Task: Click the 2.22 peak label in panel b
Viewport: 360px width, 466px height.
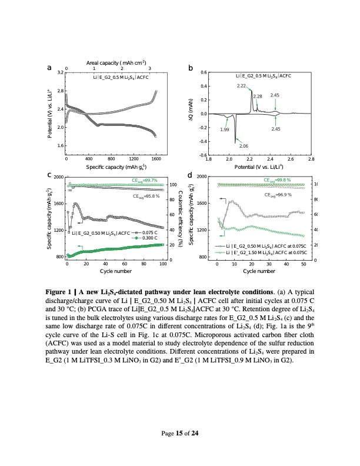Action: tap(241, 86)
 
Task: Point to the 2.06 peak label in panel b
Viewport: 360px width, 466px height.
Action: tap(244, 145)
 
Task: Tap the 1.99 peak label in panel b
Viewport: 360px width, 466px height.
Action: tap(224, 129)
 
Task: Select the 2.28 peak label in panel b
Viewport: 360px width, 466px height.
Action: tap(257, 96)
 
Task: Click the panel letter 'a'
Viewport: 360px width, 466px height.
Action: tap(50, 69)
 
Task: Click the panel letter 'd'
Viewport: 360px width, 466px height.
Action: tap(189, 175)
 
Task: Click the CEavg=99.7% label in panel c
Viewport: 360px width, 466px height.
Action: tap(144, 180)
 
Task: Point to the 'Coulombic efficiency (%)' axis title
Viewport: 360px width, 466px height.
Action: tap(181, 218)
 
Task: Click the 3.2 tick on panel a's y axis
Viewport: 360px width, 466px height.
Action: tap(60, 72)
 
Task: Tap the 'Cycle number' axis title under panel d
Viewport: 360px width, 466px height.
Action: tap(259, 271)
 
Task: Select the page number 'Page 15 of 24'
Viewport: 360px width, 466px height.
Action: tap(180, 434)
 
